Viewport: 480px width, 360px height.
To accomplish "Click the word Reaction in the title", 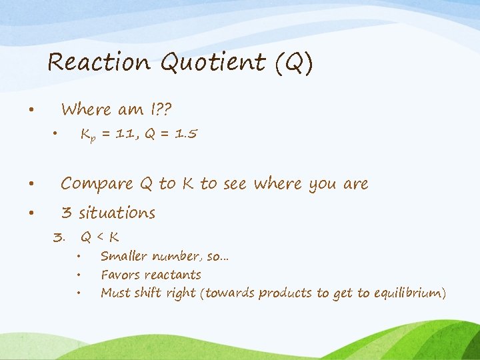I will tap(99, 63).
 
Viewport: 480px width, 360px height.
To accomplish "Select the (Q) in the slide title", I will tap(290, 63).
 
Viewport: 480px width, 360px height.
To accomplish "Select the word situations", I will tap(117, 213).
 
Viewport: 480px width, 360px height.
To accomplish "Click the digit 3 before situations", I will tap(66, 213).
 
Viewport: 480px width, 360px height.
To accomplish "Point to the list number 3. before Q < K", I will tap(59, 237).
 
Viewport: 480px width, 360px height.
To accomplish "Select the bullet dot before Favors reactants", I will tap(79, 274).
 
